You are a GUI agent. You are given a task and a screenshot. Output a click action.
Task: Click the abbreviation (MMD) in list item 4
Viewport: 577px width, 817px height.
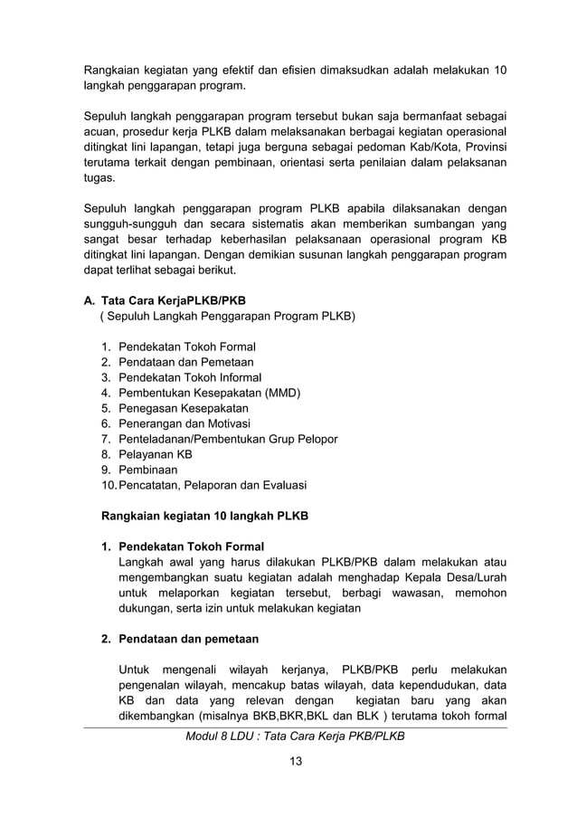point(282,393)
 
